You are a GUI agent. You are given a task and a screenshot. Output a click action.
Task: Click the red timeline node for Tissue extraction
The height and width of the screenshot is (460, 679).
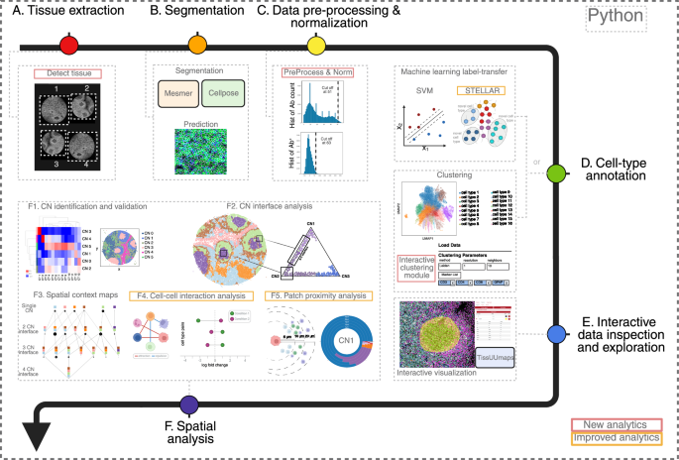pos(68,46)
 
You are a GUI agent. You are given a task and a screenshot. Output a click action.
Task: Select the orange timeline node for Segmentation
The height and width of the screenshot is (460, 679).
pos(198,46)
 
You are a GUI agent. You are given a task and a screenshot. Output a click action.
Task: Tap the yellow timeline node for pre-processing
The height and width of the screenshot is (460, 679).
pos(316,46)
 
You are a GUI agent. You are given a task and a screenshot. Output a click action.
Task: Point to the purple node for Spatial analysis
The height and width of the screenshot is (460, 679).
pos(188,403)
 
